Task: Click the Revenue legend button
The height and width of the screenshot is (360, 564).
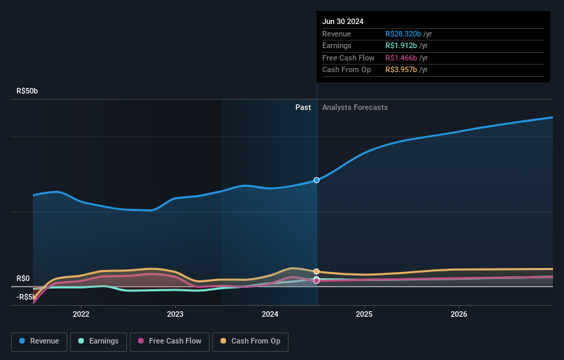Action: click(x=39, y=341)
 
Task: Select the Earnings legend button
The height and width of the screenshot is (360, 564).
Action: click(x=98, y=341)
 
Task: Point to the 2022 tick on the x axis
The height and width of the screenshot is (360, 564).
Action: click(x=81, y=314)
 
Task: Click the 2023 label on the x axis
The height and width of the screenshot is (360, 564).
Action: click(x=175, y=314)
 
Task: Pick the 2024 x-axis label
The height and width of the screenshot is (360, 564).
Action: click(x=270, y=314)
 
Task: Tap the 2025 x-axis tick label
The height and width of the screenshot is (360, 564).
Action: click(x=364, y=314)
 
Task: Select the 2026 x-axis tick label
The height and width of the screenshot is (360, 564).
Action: click(x=459, y=314)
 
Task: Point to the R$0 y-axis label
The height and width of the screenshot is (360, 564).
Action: click(x=23, y=278)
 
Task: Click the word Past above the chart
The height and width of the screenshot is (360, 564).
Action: click(x=303, y=107)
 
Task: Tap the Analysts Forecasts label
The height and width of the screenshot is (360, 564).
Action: click(x=354, y=107)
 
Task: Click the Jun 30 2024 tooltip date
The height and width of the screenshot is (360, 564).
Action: click(x=343, y=21)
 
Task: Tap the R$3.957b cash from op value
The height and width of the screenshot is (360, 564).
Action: click(x=402, y=70)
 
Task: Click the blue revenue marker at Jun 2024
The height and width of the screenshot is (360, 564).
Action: click(x=317, y=180)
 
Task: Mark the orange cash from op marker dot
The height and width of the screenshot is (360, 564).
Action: click(x=317, y=271)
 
